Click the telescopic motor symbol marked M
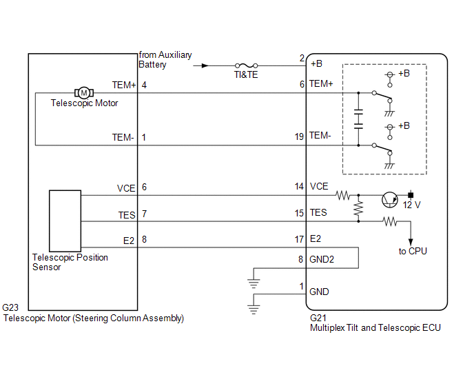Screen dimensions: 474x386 click(x=84, y=93)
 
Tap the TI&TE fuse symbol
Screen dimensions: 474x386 click(x=247, y=65)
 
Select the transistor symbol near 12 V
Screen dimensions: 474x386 click(x=390, y=200)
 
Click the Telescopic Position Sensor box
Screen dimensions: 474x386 click(x=65, y=221)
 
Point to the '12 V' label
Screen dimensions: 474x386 click(x=411, y=205)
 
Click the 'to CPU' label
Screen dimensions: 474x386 click(x=413, y=251)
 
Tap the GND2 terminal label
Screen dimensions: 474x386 click(x=322, y=259)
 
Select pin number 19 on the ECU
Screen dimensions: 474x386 click(x=299, y=136)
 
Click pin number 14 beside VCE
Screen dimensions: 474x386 click(x=299, y=186)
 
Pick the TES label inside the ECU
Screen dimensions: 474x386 click(x=318, y=212)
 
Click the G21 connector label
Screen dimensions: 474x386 click(x=318, y=318)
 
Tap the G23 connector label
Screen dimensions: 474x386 click(x=10, y=307)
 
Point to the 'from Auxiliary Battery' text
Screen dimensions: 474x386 click(x=165, y=59)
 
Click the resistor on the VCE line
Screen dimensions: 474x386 click(x=343, y=196)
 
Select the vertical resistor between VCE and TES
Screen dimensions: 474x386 click(x=358, y=208)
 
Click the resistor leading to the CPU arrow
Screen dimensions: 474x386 click(x=390, y=221)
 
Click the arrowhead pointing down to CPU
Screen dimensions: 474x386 click(x=411, y=242)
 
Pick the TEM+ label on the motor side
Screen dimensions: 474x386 click(x=124, y=85)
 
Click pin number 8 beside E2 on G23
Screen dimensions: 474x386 click(x=144, y=239)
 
